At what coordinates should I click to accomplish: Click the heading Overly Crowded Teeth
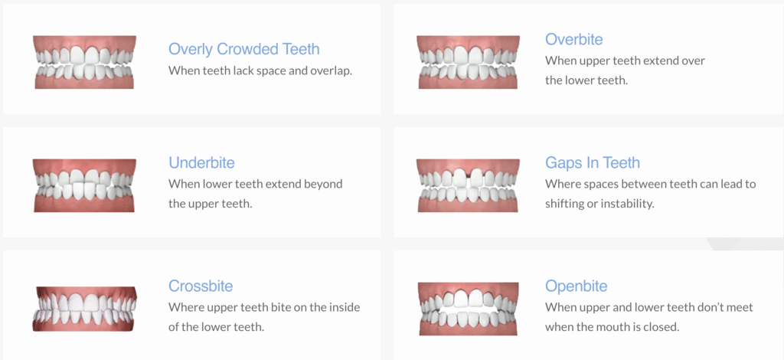click(x=244, y=49)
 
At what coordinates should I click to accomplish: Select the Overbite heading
click(x=574, y=39)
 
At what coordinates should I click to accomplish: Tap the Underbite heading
click(x=201, y=162)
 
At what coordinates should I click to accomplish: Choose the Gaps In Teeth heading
click(x=593, y=162)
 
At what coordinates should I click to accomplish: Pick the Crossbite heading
click(x=201, y=286)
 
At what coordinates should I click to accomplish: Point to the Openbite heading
click(x=577, y=286)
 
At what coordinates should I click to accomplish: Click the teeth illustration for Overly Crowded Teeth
click(x=84, y=62)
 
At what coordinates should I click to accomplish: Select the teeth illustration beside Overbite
click(x=468, y=62)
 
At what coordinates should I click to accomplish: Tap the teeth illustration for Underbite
click(x=84, y=185)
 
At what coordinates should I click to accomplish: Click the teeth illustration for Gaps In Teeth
click(x=468, y=185)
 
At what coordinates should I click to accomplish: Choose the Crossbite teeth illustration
click(x=84, y=309)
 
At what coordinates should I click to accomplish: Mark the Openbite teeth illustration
click(x=468, y=309)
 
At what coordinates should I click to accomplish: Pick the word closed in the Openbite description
click(x=664, y=328)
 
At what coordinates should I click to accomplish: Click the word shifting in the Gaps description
click(x=564, y=204)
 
